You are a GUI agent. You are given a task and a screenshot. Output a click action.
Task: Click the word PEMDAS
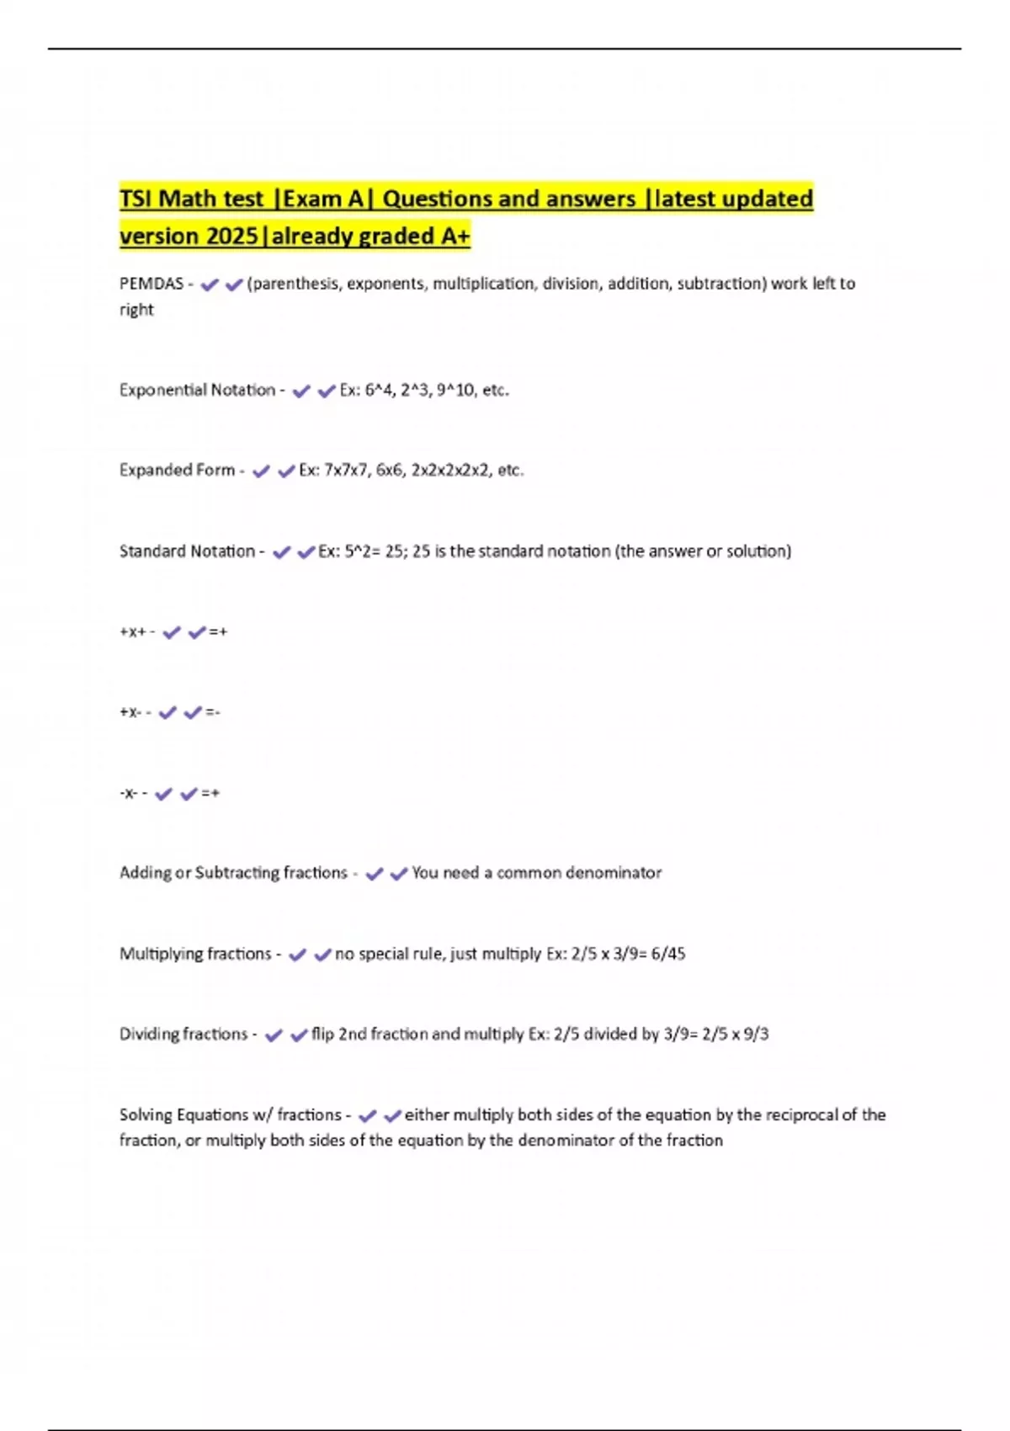151,284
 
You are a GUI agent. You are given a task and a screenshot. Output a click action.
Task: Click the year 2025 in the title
231,237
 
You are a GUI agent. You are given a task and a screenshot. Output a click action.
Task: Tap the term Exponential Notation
197,390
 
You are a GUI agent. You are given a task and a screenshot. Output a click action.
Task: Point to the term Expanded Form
177,470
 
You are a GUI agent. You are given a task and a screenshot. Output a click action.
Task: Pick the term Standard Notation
187,551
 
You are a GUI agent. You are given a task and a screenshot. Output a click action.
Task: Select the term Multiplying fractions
195,954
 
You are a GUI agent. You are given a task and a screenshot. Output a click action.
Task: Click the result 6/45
668,954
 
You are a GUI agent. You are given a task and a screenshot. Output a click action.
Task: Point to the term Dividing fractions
183,1034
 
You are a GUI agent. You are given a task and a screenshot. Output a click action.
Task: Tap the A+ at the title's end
455,237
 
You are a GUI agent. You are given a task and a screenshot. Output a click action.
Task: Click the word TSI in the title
136,199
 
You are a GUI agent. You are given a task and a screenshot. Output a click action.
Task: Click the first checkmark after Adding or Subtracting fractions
374,874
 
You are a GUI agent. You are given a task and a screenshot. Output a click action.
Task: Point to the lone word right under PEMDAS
136,310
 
